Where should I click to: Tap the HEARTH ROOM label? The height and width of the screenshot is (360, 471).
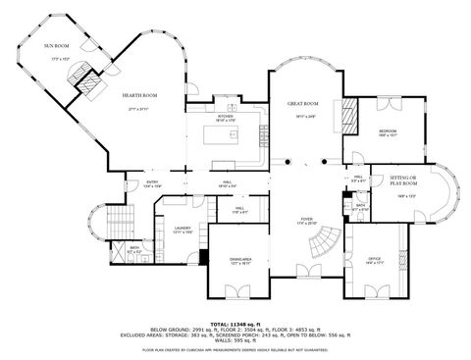tap(140, 94)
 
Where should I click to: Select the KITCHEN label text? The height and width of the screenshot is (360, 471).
tap(224, 115)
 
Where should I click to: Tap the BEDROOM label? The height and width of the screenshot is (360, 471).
tap(388, 130)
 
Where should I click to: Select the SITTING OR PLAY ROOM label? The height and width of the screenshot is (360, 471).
tap(403, 180)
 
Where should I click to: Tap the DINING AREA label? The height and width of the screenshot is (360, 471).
tap(240, 259)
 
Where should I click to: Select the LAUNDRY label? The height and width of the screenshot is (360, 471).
tap(180, 228)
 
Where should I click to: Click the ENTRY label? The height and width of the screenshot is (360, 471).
tap(153, 181)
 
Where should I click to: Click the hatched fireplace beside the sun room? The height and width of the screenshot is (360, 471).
tap(90, 85)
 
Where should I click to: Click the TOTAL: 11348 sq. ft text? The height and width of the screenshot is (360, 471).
tap(235, 322)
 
